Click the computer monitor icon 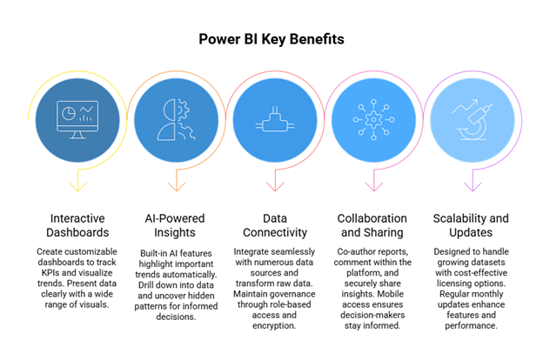77,120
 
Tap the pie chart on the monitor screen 68,113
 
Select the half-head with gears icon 176,120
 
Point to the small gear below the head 185,132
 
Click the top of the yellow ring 77,72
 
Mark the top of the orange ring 177,72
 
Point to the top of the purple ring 473,72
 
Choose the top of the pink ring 374,72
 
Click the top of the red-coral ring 275,72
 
